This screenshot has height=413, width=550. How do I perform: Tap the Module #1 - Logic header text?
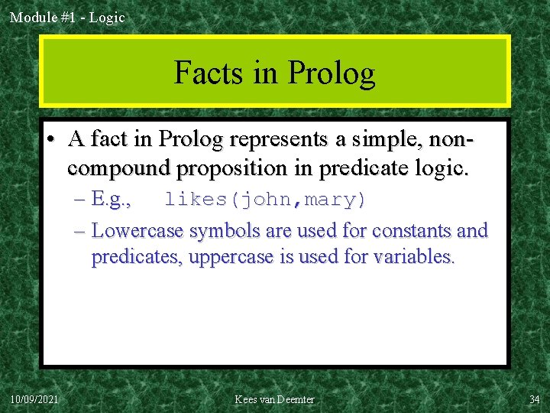pos(67,17)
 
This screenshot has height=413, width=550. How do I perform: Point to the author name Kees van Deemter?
pos(274,399)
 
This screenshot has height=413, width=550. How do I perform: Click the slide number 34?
pos(534,399)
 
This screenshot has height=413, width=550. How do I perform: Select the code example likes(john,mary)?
pos(266,200)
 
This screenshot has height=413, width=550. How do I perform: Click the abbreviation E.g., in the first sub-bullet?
pos(112,200)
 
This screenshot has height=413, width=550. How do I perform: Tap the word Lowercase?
pos(137,230)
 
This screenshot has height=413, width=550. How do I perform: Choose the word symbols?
pos(222,230)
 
